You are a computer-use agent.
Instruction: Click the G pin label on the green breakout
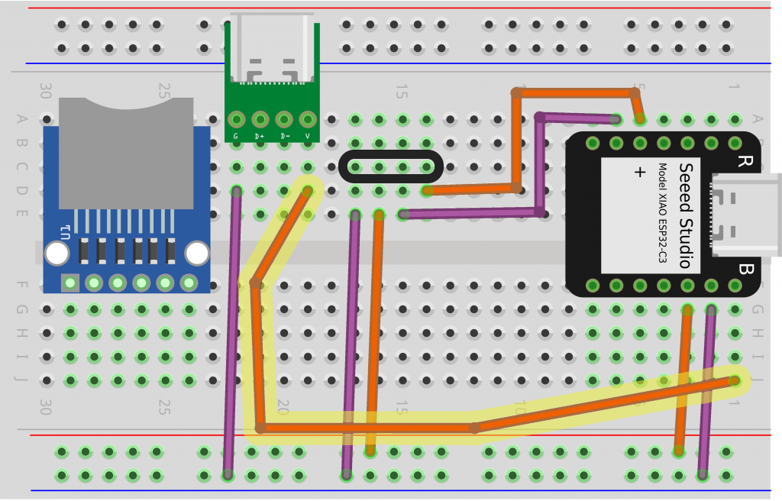pos(236,137)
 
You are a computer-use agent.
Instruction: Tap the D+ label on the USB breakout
pos(260,137)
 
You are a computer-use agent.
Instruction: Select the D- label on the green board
pos(284,137)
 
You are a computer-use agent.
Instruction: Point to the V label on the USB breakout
pos(308,137)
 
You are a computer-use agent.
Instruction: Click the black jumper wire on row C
pos(389,166)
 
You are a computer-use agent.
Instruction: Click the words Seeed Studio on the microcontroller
pos(685,215)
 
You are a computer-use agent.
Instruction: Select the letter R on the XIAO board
pos(744,162)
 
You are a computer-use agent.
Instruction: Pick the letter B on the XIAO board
pos(745,269)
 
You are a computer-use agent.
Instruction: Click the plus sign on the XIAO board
pos(640,173)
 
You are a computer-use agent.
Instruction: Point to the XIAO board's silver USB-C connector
pos(745,215)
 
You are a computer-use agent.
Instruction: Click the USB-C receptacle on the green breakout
pos(273,50)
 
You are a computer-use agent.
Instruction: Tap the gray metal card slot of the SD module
pos(126,153)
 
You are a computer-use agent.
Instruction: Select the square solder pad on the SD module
pos(69,283)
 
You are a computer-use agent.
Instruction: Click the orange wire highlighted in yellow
pos(367,428)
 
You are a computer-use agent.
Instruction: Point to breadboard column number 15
pos(401,92)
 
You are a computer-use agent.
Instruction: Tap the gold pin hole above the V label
pos(308,120)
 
